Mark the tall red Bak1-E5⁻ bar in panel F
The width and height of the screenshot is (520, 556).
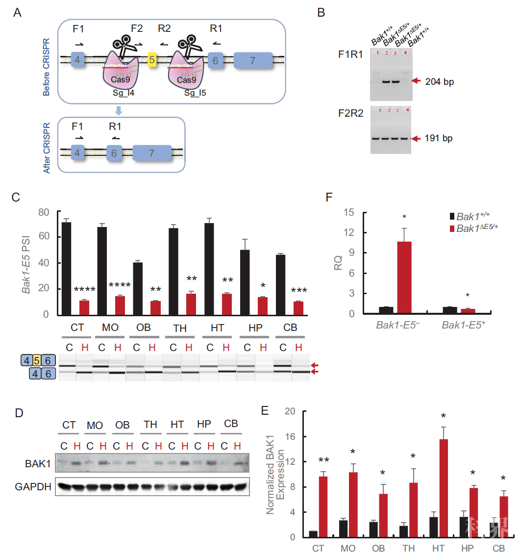(x=405, y=278)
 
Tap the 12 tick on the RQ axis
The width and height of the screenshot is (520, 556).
(x=349, y=232)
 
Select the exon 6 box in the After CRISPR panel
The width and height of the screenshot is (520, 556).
(x=114, y=153)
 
